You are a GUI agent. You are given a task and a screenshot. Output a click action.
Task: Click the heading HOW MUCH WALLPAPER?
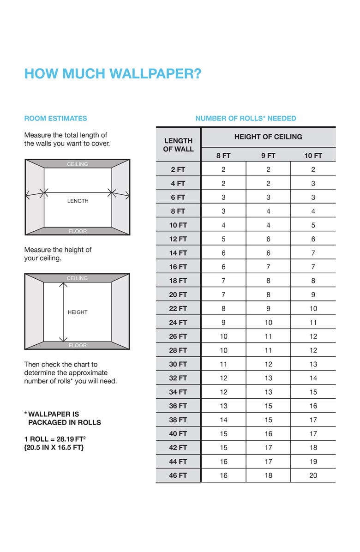point(113,74)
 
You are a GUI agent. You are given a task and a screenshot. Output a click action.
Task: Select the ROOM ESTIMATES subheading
point(55,119)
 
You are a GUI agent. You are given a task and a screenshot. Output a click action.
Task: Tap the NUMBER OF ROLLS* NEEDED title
point(246,119)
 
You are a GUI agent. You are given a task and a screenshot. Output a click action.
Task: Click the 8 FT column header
point(223,156)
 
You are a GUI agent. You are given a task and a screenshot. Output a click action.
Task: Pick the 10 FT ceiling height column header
point(313,156)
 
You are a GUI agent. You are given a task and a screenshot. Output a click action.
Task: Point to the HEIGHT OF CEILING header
point(268,137)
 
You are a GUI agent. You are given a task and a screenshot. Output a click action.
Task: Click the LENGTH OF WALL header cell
point(178,145)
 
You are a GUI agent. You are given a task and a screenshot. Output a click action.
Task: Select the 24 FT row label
point(178,323)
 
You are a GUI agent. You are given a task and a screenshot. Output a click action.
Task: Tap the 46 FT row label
point(178,475)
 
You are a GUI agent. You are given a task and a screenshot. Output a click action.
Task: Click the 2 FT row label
point(178,169)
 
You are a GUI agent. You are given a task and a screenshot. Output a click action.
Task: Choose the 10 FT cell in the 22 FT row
point(313,309)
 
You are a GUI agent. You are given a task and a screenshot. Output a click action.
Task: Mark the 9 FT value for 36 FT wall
point(268,406)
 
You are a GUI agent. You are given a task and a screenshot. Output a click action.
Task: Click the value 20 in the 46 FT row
point(313,475)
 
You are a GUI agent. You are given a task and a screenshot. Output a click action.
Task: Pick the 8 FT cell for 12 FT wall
point(223,239)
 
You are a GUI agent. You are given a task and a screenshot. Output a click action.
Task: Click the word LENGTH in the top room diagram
point(78,201)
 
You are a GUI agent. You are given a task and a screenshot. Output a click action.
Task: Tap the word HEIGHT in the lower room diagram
point(78,312)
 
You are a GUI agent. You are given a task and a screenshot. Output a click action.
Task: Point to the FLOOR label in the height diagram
point(78,345)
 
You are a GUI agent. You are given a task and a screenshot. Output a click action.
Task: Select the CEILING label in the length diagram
point(78,164)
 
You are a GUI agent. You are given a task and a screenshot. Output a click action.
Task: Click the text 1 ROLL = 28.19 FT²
point(54,439)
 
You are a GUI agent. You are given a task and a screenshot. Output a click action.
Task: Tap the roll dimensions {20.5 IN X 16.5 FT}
point(54,448)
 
